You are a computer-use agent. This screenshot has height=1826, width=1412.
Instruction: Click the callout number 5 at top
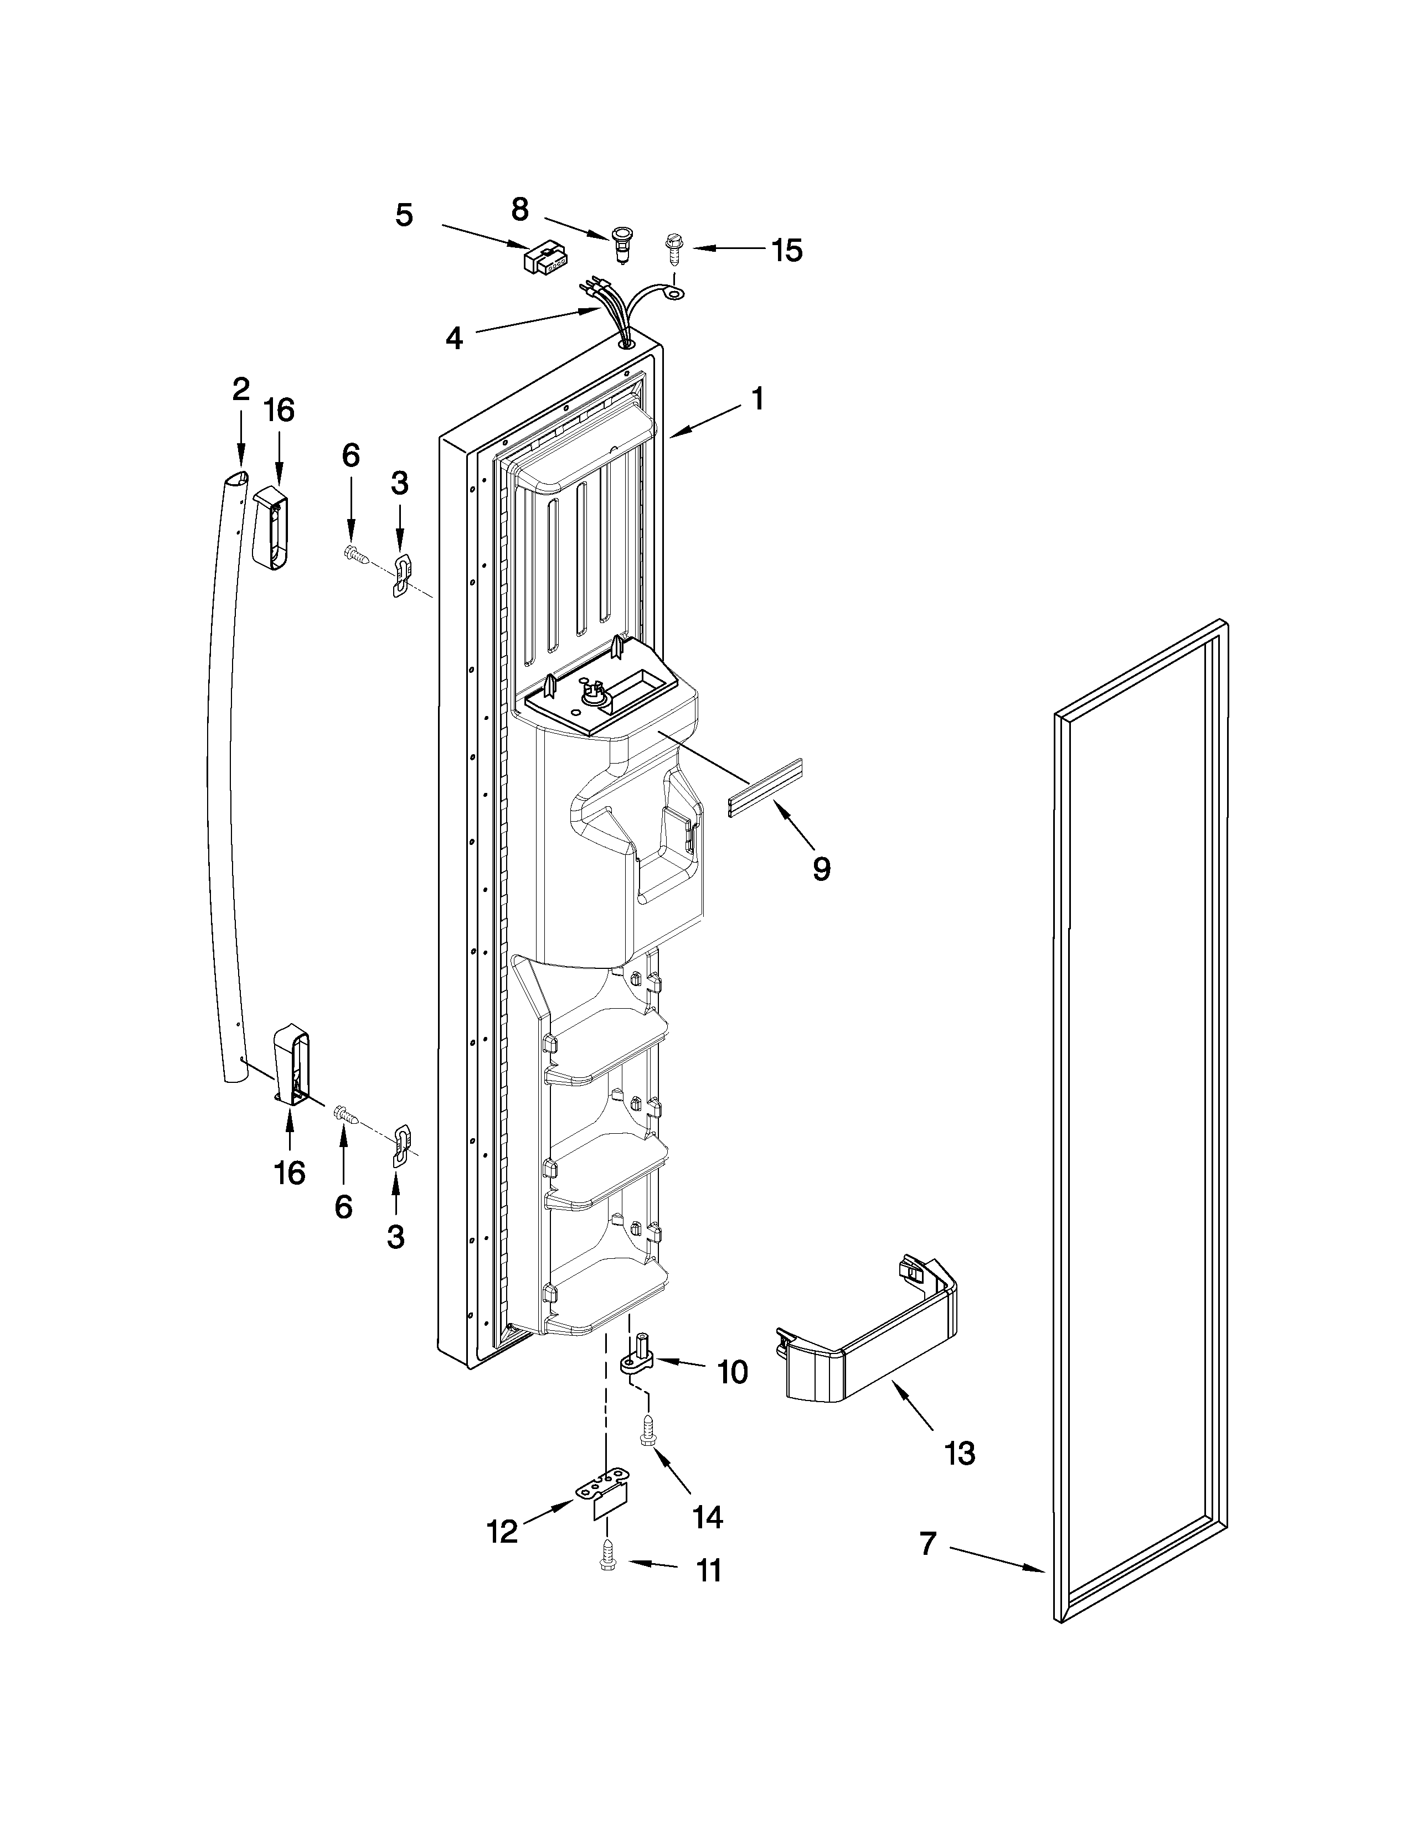pyautogui.click(x=404, y=216)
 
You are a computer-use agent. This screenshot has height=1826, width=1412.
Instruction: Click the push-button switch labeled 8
pyautogui.click(x=621, y=242)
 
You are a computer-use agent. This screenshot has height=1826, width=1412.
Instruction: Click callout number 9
pyautogui.click(x=821, y=869)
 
